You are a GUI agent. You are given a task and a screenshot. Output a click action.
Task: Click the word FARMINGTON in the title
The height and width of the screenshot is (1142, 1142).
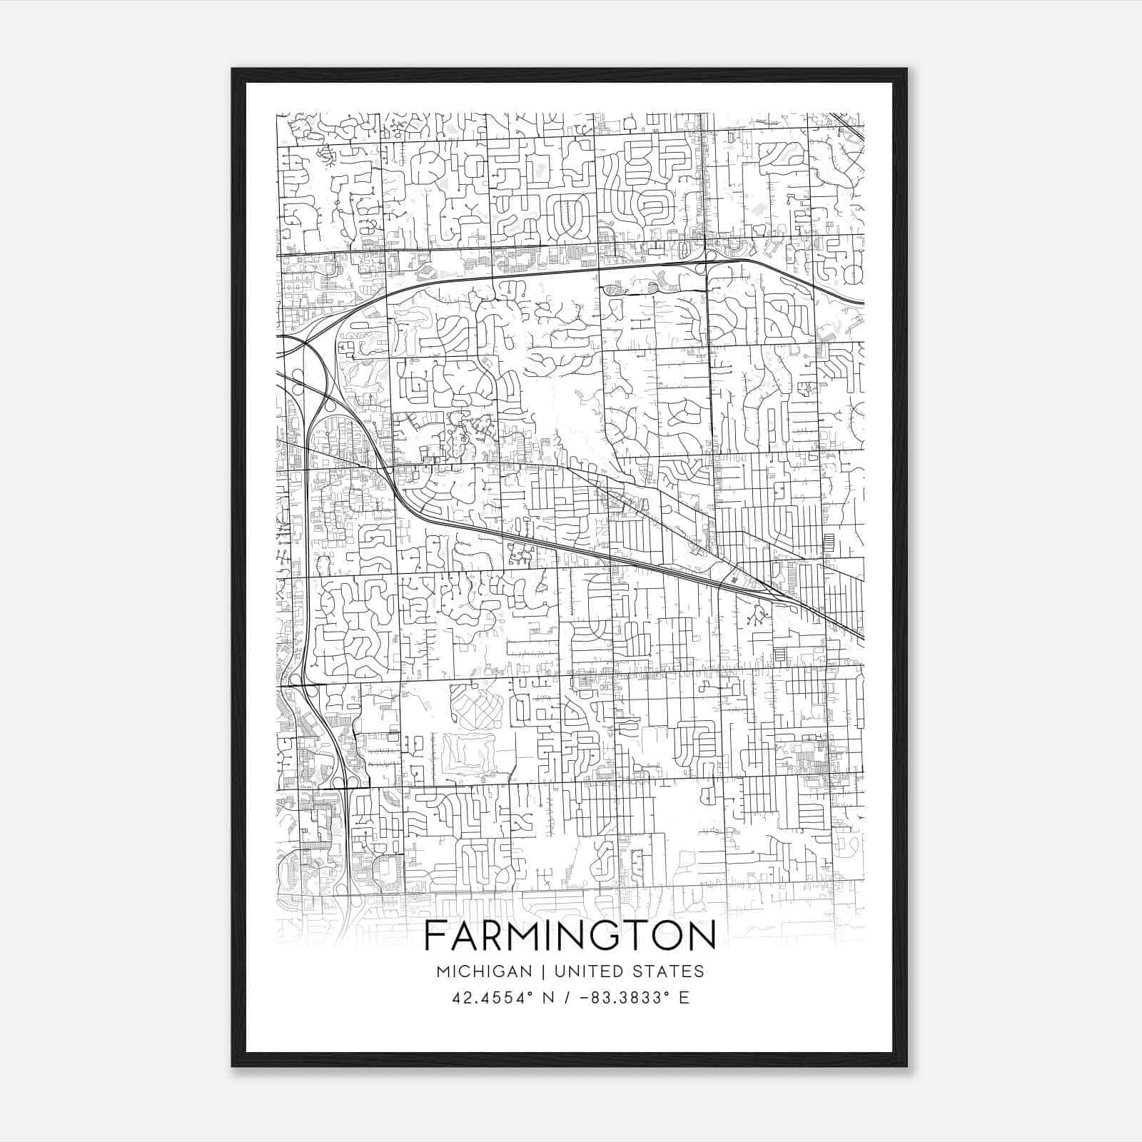click(x=570, y=936)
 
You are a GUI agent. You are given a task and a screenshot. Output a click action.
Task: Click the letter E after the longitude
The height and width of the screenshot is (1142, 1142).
click(x=684, y=998)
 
